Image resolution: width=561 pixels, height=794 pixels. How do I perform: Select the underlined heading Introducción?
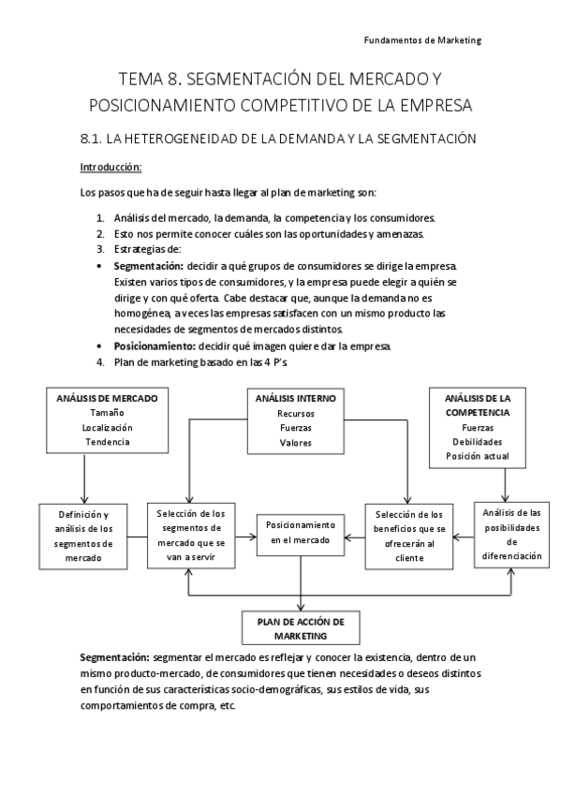point(111,167)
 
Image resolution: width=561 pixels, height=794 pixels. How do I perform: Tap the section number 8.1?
point(91,139)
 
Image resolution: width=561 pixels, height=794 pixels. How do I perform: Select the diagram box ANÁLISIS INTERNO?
point(295,419)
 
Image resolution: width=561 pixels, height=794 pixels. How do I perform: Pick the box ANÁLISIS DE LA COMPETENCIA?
point(478,425)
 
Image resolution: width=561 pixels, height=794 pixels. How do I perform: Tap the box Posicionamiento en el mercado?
point(301,533)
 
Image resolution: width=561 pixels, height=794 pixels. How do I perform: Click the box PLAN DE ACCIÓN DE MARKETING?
point(301,628)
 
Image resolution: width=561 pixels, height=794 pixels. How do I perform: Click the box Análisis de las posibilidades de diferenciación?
point(511,534)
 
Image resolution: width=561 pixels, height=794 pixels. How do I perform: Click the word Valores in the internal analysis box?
point(295,442)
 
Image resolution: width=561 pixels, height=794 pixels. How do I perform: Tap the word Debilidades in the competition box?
point(478,441)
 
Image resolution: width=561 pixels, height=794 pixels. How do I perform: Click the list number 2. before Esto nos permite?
point(100,232)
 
